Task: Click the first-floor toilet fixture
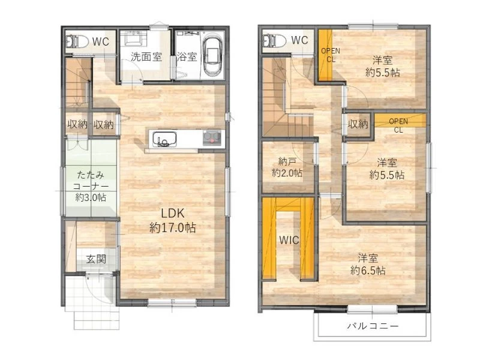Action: click(77, 41)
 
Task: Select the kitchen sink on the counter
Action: click(164, 139)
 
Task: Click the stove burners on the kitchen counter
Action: click(212, 137)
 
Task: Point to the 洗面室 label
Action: click(146, 56)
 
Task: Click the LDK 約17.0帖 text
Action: click(173, 220)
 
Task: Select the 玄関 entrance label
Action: click(96, 259)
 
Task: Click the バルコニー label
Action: click(373, 326)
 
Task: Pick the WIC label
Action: click(289, 241)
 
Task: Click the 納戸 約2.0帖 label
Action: click(287, 167)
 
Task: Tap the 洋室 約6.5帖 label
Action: click(368, 264)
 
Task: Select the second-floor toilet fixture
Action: click(274, 40)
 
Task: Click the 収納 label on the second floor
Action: click(358, 124)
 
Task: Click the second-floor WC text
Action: click(299, 40)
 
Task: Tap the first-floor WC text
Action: click(101, 41)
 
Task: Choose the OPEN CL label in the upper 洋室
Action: click(331, 55)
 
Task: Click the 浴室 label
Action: click(187, 56)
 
